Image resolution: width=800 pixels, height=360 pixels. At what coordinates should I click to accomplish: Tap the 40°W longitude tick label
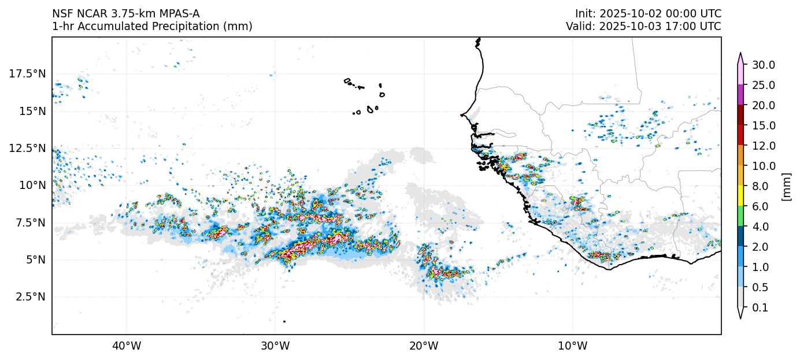(126, 346)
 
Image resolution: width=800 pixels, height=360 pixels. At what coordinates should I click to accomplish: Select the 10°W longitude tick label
(572, 346)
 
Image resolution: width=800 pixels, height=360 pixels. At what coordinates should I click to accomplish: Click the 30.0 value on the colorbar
(764, 65)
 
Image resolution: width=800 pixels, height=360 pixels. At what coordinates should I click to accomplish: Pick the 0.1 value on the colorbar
(760, 308)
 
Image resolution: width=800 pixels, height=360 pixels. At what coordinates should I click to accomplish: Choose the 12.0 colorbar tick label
(764, 146)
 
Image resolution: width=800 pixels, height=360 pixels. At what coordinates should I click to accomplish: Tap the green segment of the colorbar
(740, 217)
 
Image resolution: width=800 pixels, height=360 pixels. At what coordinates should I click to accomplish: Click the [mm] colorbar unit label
(786, 187)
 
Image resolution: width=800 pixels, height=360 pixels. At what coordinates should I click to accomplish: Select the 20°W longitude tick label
(424, 346)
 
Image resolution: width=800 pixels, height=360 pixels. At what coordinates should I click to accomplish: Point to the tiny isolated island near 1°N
(284, 321)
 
